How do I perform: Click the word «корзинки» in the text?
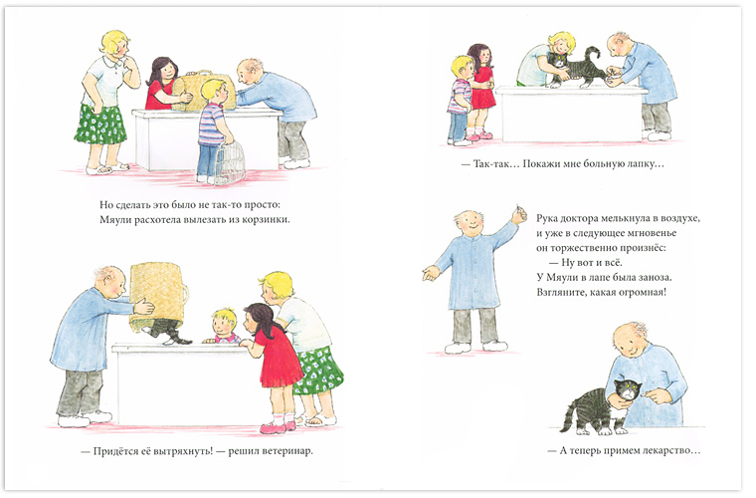tap(268, 220)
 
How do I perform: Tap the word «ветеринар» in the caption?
tap(287, 451)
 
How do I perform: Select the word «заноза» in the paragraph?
tap(656, 278)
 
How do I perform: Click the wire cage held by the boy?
tap(230, 162)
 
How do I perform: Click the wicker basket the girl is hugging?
tap(204, 91)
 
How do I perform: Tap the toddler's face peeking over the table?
tap(225, 325)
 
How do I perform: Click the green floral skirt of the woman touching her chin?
tap(100, 124)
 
